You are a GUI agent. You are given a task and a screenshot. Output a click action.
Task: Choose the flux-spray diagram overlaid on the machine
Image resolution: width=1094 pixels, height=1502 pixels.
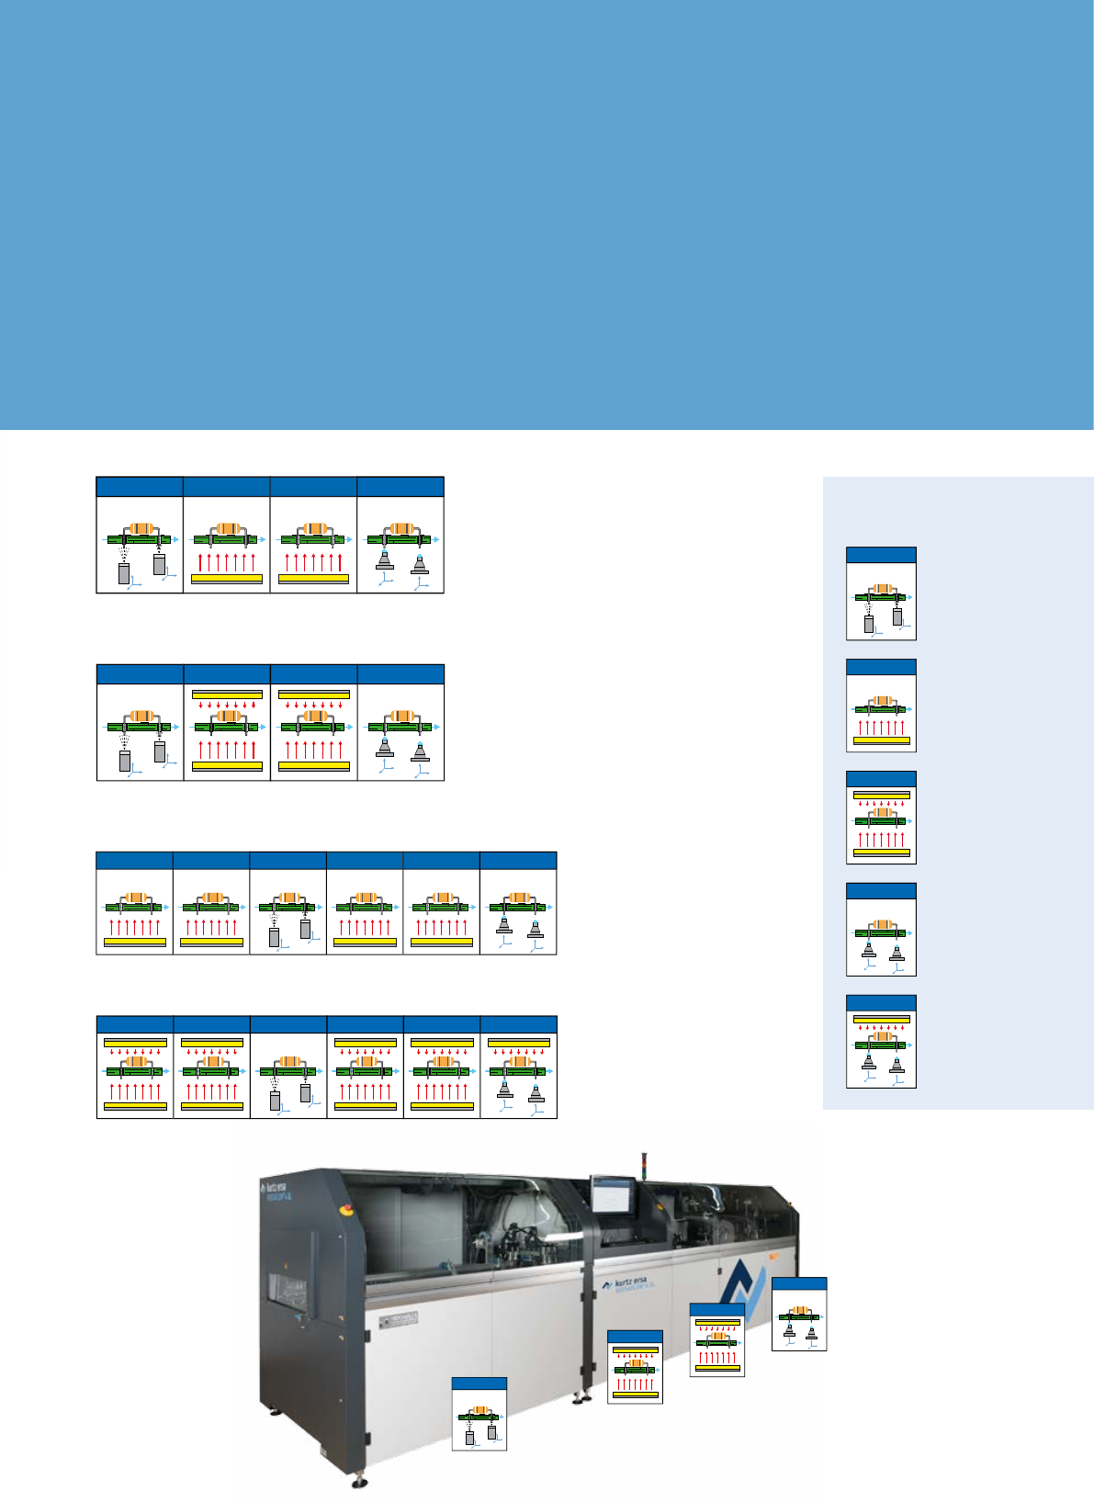coord(479,1415)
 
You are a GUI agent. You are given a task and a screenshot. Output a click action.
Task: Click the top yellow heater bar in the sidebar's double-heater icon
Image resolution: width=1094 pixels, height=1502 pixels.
coord(882,795)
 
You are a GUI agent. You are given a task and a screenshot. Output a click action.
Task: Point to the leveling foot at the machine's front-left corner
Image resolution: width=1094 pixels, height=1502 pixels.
coord(358,1481)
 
